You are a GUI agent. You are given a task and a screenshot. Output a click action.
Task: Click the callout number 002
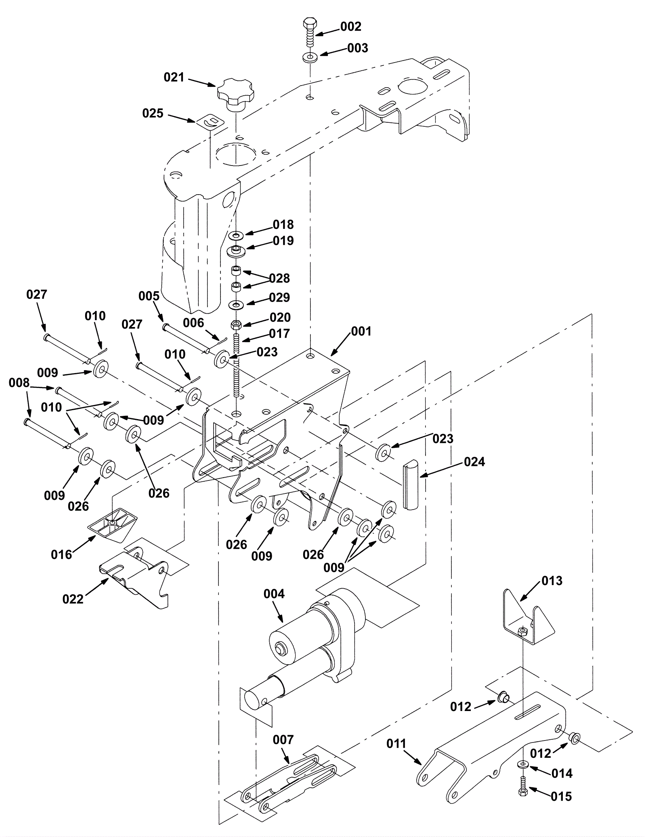[350, 27]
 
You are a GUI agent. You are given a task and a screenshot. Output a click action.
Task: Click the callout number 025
[153, 113]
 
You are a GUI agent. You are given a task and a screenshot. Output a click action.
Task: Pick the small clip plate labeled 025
[211, 121]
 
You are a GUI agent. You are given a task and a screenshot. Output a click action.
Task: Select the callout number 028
[279, 278]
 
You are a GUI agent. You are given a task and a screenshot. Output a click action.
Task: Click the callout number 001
[361, 331]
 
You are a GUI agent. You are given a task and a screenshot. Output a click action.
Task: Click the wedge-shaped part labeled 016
[113, 525]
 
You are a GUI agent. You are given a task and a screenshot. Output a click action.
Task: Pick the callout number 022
[73, 599]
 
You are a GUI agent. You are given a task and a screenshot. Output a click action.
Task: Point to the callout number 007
[283, 740]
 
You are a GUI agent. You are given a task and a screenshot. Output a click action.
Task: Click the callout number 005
[149, 296]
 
